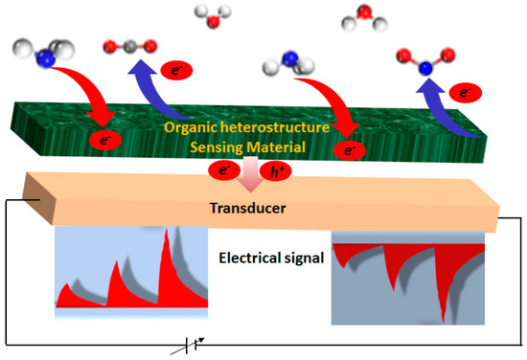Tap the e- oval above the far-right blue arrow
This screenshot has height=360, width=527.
467,93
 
